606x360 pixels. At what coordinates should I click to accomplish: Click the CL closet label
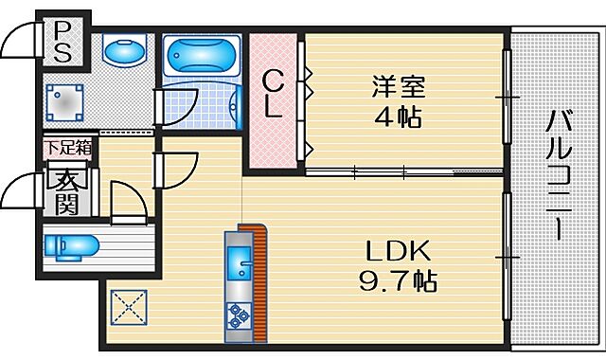coord(273,94)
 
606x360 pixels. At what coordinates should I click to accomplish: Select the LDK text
coord(399,251)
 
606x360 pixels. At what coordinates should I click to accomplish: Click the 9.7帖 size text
coord(398,281)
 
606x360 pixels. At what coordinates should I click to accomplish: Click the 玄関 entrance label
coord(65,191)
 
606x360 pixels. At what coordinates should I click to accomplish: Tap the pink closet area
coord(273,104)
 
